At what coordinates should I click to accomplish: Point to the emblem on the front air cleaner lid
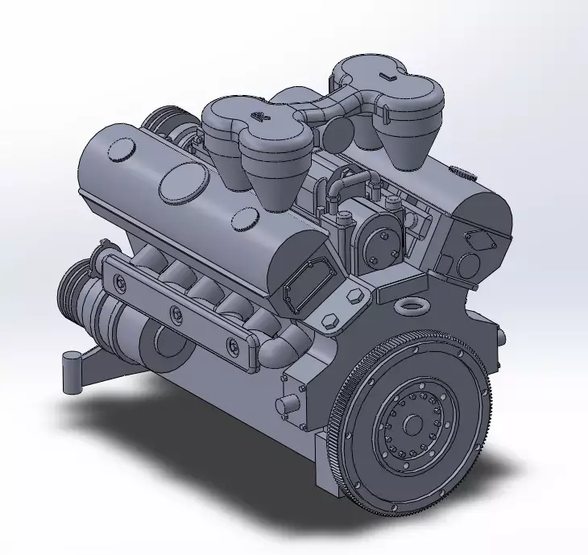coord(260,118)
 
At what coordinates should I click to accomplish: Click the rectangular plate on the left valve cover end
coord(308,281)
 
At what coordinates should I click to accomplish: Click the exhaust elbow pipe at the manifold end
coord(282,346)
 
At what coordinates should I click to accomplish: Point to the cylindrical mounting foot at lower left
coord(72,372)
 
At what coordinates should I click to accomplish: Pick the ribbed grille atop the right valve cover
coord(460,172)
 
